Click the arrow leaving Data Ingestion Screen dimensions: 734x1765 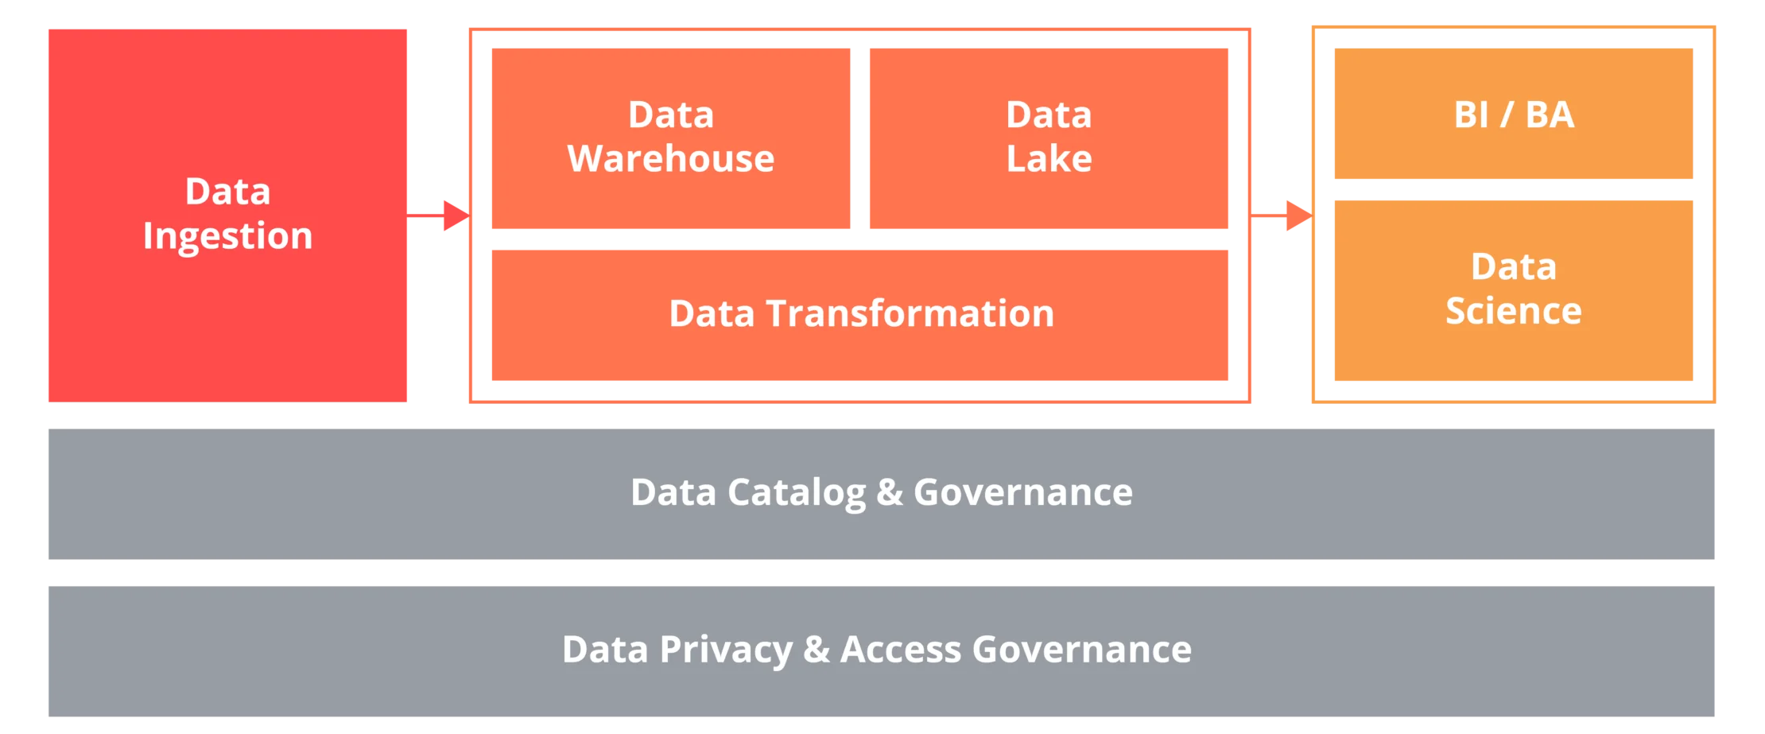pos(441,216)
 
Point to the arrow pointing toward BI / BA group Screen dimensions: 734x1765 pos(1282,216)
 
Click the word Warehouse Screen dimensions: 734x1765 pos(670,159)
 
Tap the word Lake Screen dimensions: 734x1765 pos(1049,159)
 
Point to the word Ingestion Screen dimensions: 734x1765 pos(228,236)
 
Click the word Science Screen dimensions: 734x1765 pos(1513,311)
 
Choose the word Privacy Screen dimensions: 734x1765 pos(726,651)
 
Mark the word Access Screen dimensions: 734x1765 pos(901,651)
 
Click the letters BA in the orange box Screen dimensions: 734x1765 pos(1550,115)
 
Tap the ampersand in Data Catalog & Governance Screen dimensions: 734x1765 pos(890,493)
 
